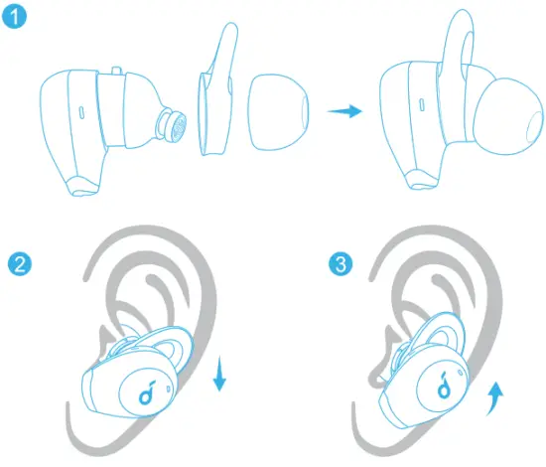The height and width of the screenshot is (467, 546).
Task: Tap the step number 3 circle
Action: click(x=341, y=264)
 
